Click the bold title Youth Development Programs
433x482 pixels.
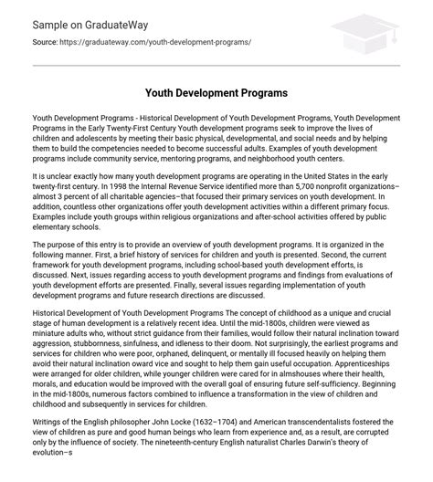point(216,92)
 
